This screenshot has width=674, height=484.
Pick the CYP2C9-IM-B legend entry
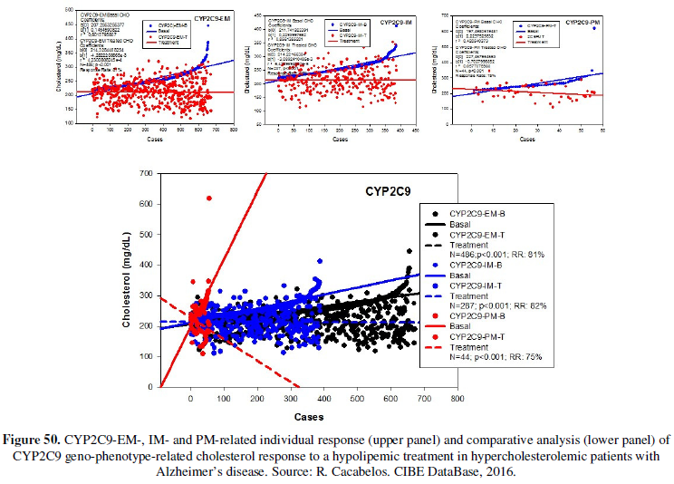pos(478,269)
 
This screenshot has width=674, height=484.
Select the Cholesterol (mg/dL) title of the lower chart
pos(128,280)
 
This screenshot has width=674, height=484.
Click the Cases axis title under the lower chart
pos(309,414)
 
